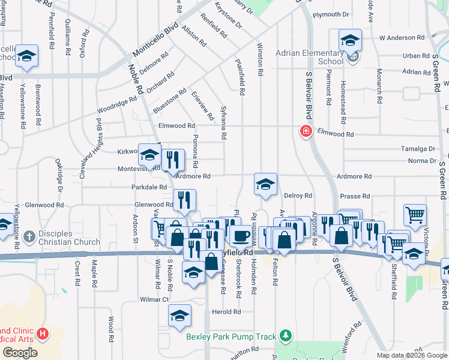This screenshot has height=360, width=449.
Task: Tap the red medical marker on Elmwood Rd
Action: click(x=306, y=131)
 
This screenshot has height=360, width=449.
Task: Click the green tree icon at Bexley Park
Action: click(x=288, y=334)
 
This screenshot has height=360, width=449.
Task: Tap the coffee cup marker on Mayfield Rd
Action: click(x=241, y=236)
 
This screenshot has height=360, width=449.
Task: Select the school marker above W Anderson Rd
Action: click(x=350, y=40)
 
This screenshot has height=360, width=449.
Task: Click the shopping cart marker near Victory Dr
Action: click(x=415, y=215)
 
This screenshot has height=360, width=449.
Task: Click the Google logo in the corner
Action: click(x=20, y=353)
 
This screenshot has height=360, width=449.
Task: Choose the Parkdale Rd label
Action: click(x=149, y=187)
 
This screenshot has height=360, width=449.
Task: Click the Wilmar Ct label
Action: click(x=154, y=298)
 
